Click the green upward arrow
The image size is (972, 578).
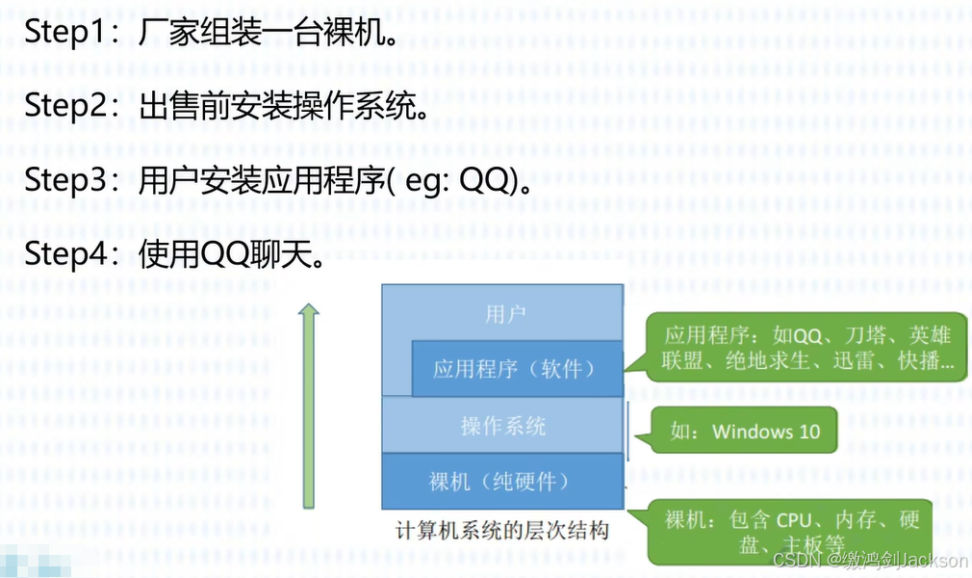pyautogui.click(x=308, y=405)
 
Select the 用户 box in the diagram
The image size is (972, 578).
pyautogui.click(x=504, y=313)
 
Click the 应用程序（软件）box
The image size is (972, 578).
pyautogui.click(x=516, y=369)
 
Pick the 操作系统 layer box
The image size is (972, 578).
pyautogui.click(x=502, y=425)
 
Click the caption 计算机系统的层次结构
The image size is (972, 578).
pyautogui.click(x=502, y=531)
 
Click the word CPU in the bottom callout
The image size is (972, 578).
pyautogui.click(x=794, y=520)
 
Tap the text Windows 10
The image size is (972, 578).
pyautogui.click(x=766, y=431)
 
